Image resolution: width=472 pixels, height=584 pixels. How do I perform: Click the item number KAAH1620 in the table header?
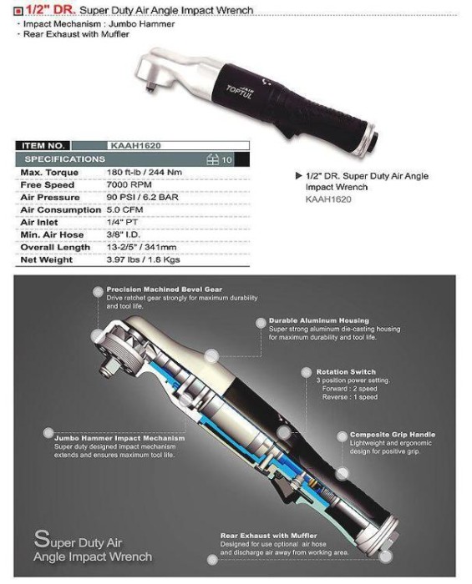136,145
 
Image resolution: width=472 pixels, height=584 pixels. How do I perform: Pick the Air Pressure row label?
51,198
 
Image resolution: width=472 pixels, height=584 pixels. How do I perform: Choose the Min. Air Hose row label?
52,235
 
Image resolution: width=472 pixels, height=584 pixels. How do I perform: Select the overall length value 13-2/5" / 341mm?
148,248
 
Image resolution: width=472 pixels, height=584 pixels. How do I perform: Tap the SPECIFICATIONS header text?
65,159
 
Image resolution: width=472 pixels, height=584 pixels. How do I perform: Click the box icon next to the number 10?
212,159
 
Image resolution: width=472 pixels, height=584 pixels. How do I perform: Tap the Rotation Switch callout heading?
345,372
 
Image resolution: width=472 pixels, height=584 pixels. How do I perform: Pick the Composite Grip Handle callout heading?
392,435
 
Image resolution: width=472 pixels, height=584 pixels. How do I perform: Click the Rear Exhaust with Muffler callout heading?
268,535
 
